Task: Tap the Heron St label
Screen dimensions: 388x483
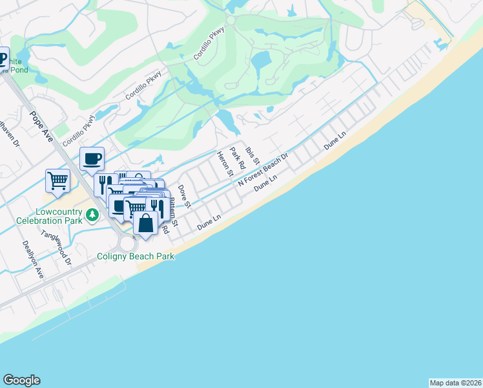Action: [x=224, y=163]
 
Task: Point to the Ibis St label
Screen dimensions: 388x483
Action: [x=252, y=153]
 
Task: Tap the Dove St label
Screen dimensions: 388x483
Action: [x=184, y=196]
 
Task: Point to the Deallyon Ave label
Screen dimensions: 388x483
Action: [x=32, y=259]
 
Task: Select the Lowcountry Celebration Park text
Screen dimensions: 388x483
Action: [x=44, y=217]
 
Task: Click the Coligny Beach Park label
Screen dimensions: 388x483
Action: [x=136, y=256]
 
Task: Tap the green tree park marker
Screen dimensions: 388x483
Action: [x=93, y=215]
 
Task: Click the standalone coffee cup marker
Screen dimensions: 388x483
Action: [x=92, y=158]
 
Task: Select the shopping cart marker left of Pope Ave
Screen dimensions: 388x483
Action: [x=57, y=180]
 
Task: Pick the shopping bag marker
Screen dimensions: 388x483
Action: [x=146, y=223]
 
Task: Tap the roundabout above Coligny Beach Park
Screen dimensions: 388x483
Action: [x=127, y=244]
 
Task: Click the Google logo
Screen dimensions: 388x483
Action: [x=21, y=380]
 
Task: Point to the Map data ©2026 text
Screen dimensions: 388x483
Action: [x=456, y=383]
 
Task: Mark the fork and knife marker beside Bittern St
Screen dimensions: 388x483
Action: [x=157, y=206]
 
